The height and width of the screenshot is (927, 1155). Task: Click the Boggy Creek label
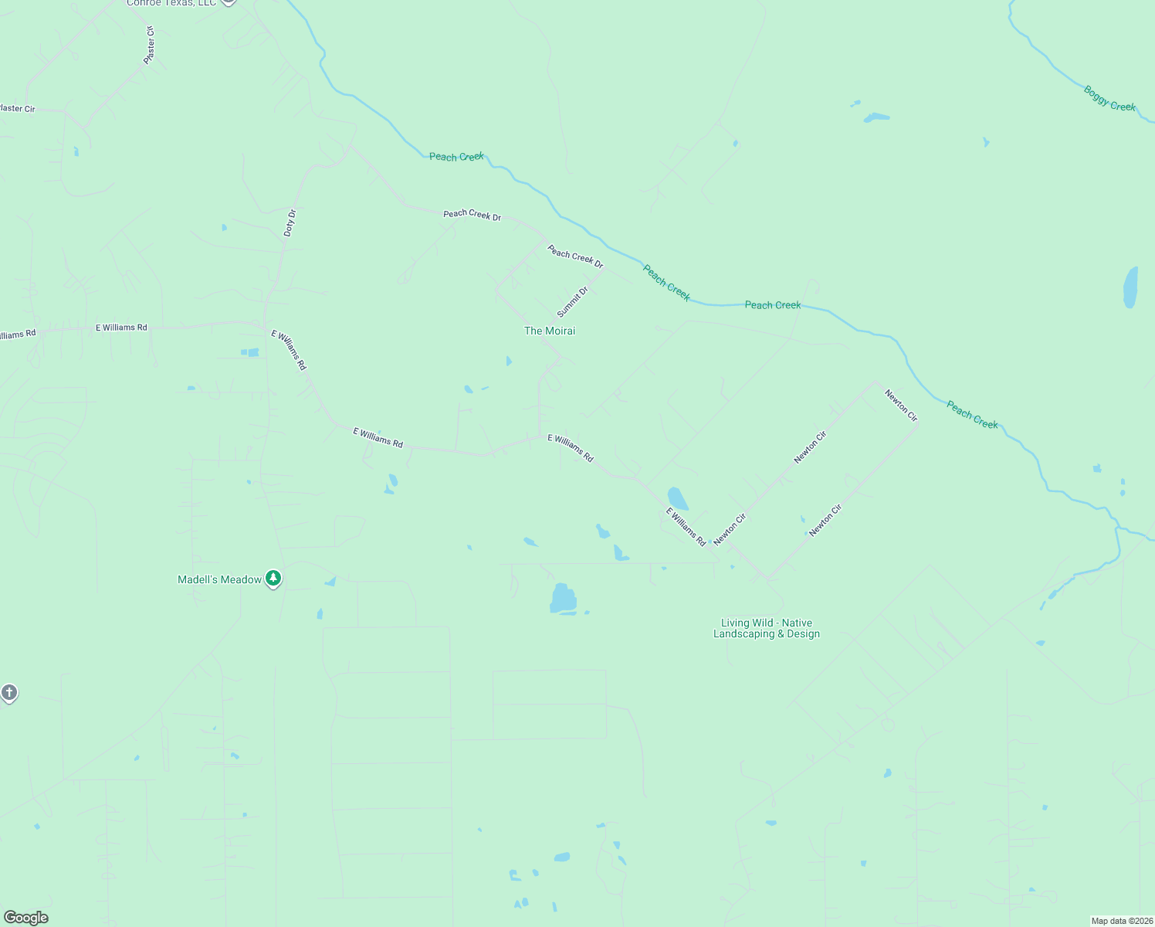pyautogui.click(x=1109, y=98)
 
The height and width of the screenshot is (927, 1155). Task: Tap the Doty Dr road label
pyautogui.click(x=290, y=222)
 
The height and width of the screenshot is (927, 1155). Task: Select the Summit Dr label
pyautogui.click(x=572, y=301)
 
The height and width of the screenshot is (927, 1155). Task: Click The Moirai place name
pyautogui.click(x=550, y=331)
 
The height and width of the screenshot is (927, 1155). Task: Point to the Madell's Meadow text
pyautogui.click(x=220, y=579)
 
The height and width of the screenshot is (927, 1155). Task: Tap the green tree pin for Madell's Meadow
pyautogui.click(x=273, y=578)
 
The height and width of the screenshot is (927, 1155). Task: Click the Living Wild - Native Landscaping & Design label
pyautogui.click(x=766, y=628)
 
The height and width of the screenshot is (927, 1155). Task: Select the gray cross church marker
pyautogui.click(x=8, y=692)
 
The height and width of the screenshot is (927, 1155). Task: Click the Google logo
pyautogui.click(x=25, y=918)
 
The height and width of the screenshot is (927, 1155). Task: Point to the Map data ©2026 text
pyautogui.click(x=1121, y=921)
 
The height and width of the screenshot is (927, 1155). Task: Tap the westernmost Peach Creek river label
pyautogui.click(x=456, y=157)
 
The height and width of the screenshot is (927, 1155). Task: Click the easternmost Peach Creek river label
pyautogui.click(x=972, y=414)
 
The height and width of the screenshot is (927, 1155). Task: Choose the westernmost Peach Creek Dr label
pyautogui.click(x=472, y=215)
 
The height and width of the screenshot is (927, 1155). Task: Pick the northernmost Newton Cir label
pyautogui.click(x=901, y=406)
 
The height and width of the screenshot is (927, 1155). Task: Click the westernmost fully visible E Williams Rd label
pyautogui.click(x=121, y=328)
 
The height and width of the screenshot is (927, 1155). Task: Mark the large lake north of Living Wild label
pyautogui.click(x=563, y=599)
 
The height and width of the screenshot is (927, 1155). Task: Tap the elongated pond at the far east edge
pyautogui.click(x=1130, y=287)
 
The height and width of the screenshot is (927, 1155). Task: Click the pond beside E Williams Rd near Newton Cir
pyautogui.click(x=677, y=497)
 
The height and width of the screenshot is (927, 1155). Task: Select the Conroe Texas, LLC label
pyautogui.click(x=171, y=3)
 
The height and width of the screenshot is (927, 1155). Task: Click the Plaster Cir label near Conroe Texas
pyautogui.click(x=150, y=45)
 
